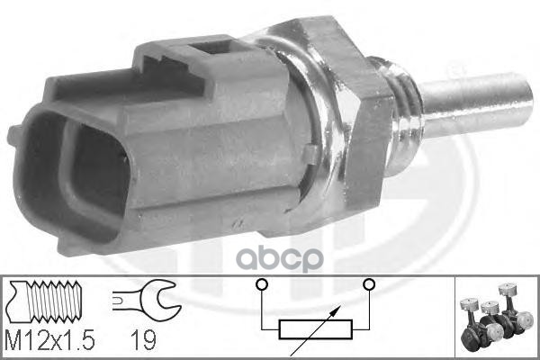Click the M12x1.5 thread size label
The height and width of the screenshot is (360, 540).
click(x=49, y=339)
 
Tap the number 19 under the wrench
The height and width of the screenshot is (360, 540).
click(x=143, y=340)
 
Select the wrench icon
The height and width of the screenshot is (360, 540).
click(x=146, y=296)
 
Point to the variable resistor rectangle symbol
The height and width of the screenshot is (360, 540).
click(x=316, y=329)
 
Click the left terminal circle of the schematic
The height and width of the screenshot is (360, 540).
click(x=262, y=284)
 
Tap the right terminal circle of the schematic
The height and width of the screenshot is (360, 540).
click(x=370, y=284)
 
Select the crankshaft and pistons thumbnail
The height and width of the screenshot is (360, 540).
click(x=496, y=316)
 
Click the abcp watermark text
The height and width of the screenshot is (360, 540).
click(x=282, y=258)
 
